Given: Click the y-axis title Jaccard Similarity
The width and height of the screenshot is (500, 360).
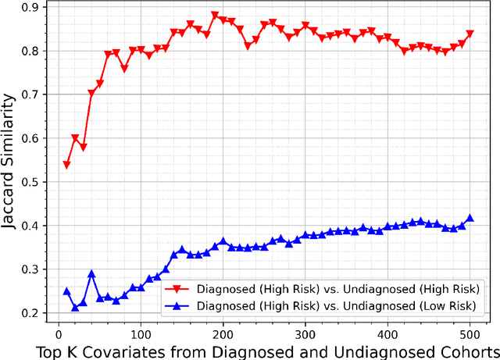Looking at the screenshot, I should [10, 162].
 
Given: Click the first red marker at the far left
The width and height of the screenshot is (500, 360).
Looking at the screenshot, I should [66, 165].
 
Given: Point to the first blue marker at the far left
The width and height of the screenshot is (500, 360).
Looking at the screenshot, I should [66, 291].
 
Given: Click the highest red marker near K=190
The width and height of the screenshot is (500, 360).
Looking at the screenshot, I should [215, 16].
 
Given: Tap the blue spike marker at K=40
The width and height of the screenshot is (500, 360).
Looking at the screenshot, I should [91, 274].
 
